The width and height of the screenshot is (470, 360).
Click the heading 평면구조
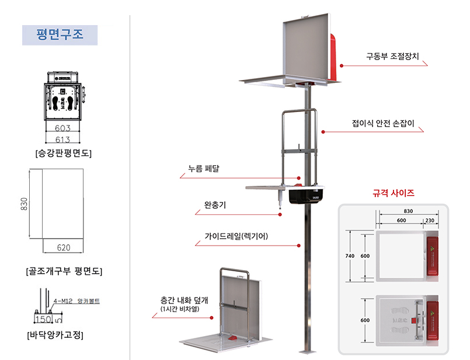60,34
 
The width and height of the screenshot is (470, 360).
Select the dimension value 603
62,128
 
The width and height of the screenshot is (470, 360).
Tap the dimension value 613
62,139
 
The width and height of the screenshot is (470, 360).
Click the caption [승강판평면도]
63,154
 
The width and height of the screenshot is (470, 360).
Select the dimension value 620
64,247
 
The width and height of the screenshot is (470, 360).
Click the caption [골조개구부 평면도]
64,271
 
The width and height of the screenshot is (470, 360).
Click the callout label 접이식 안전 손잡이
382,124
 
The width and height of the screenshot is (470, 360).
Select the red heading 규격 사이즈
393,193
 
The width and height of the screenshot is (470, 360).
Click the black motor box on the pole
304,196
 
